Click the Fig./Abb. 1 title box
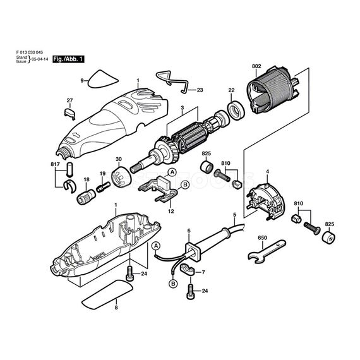pos(69,58)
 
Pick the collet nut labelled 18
pos(83,197)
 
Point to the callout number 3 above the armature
pos(181,107)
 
